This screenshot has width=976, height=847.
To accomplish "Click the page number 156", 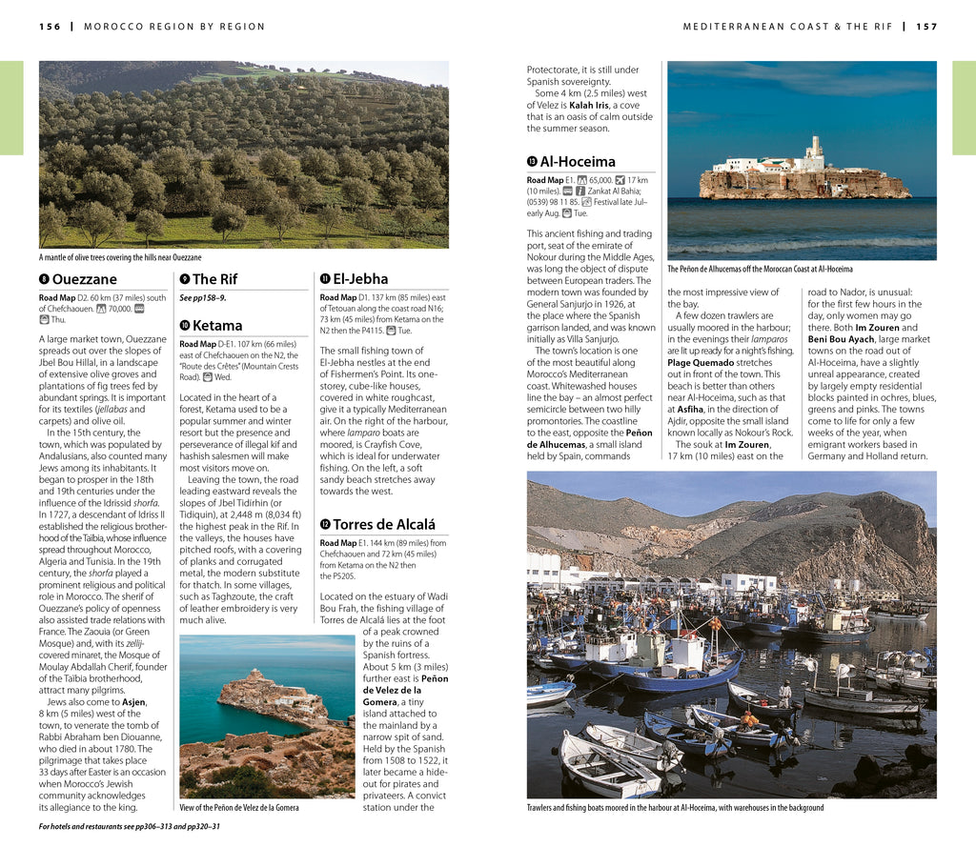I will (x=50, y=26).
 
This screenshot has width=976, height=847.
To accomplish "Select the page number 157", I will (x=926, y=26).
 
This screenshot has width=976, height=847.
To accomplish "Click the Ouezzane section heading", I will (x=84, y=279).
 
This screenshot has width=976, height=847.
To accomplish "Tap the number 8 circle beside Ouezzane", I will (x=44, y=279).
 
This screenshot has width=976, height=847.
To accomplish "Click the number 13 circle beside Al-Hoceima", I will (x=532, y=162).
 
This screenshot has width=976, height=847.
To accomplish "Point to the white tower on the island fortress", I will (x=814, y=150).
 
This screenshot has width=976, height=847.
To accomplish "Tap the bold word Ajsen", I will (x=134, y=702).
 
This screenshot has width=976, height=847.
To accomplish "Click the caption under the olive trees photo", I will (x=120, y=257).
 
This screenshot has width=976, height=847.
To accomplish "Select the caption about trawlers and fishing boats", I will (x=675, y=808).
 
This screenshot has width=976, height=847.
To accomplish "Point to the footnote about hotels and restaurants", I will (x=129, y=826).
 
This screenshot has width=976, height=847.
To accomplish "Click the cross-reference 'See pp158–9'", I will (x=202, y=298).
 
